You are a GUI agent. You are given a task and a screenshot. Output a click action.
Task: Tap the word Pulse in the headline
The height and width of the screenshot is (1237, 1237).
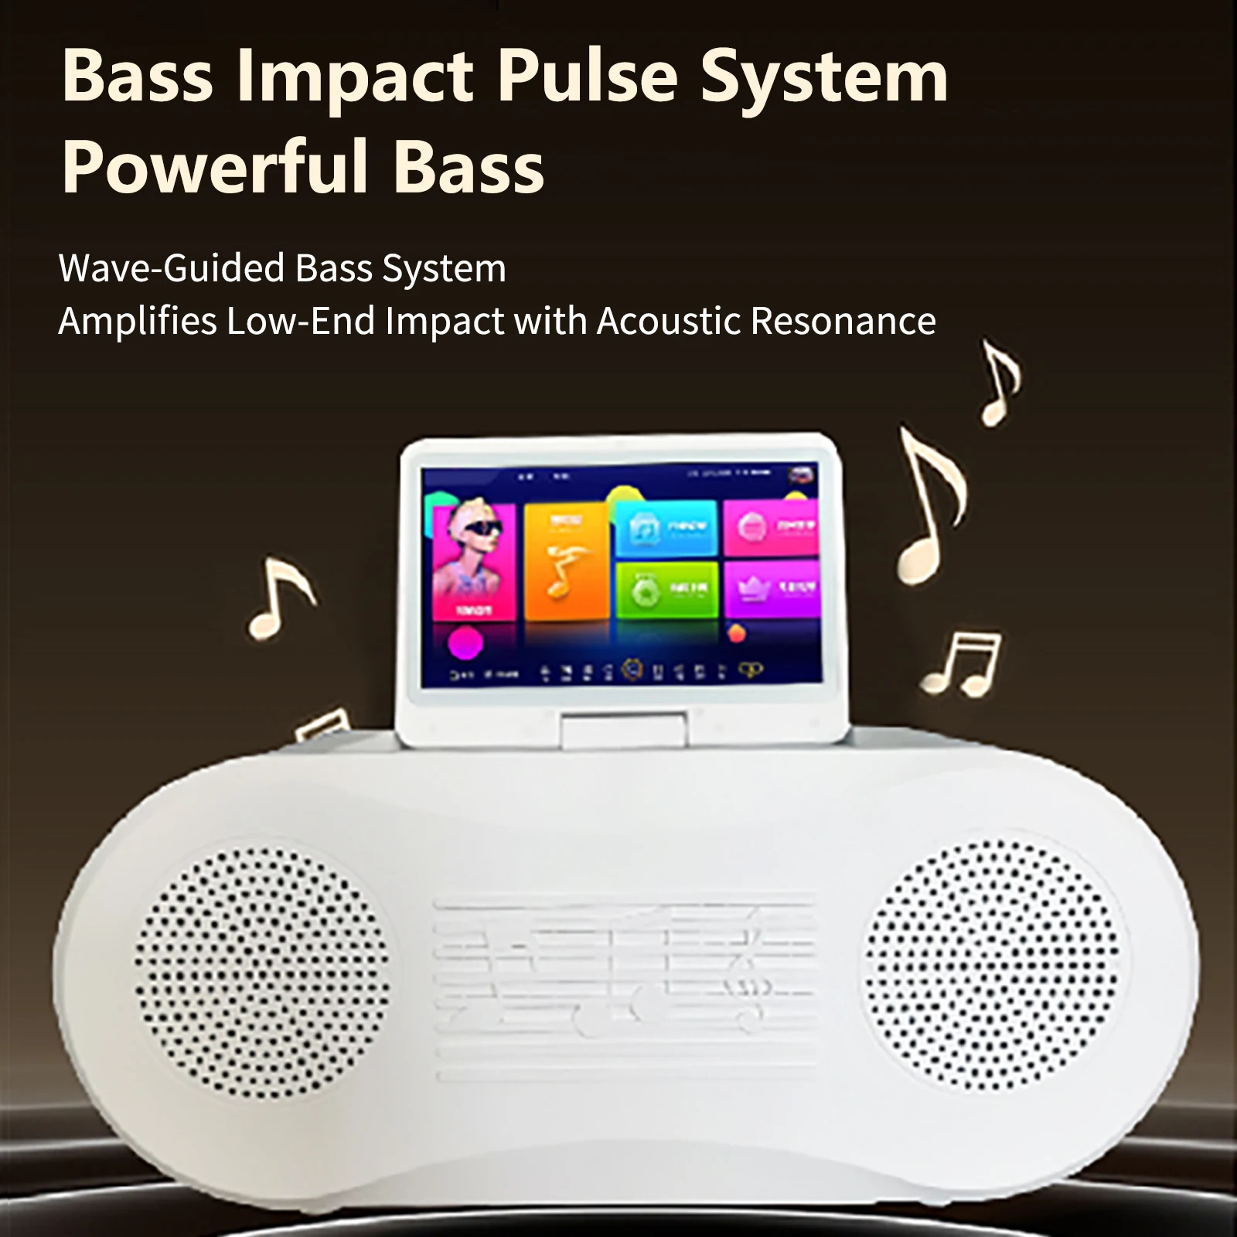point(587,77)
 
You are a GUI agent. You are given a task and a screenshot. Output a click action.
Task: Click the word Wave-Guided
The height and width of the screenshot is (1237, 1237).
point(172,268)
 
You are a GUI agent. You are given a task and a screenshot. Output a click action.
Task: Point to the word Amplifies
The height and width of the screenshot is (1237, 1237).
point(138,321)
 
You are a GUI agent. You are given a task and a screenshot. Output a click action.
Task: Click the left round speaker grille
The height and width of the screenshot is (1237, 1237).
point(262,973)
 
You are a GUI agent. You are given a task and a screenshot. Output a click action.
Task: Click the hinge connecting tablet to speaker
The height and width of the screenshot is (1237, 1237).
point(624,731)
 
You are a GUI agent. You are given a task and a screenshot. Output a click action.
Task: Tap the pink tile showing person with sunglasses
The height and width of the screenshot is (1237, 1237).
point(474,561)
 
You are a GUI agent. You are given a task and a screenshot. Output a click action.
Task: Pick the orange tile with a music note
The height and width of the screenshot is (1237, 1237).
point(566,561)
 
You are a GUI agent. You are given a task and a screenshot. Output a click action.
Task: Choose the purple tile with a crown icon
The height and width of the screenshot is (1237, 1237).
point(771,589)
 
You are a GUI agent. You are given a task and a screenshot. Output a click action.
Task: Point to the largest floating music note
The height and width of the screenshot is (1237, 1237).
point(932,506)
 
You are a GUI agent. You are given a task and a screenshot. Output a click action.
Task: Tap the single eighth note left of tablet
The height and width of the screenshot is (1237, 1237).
point(279,598)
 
